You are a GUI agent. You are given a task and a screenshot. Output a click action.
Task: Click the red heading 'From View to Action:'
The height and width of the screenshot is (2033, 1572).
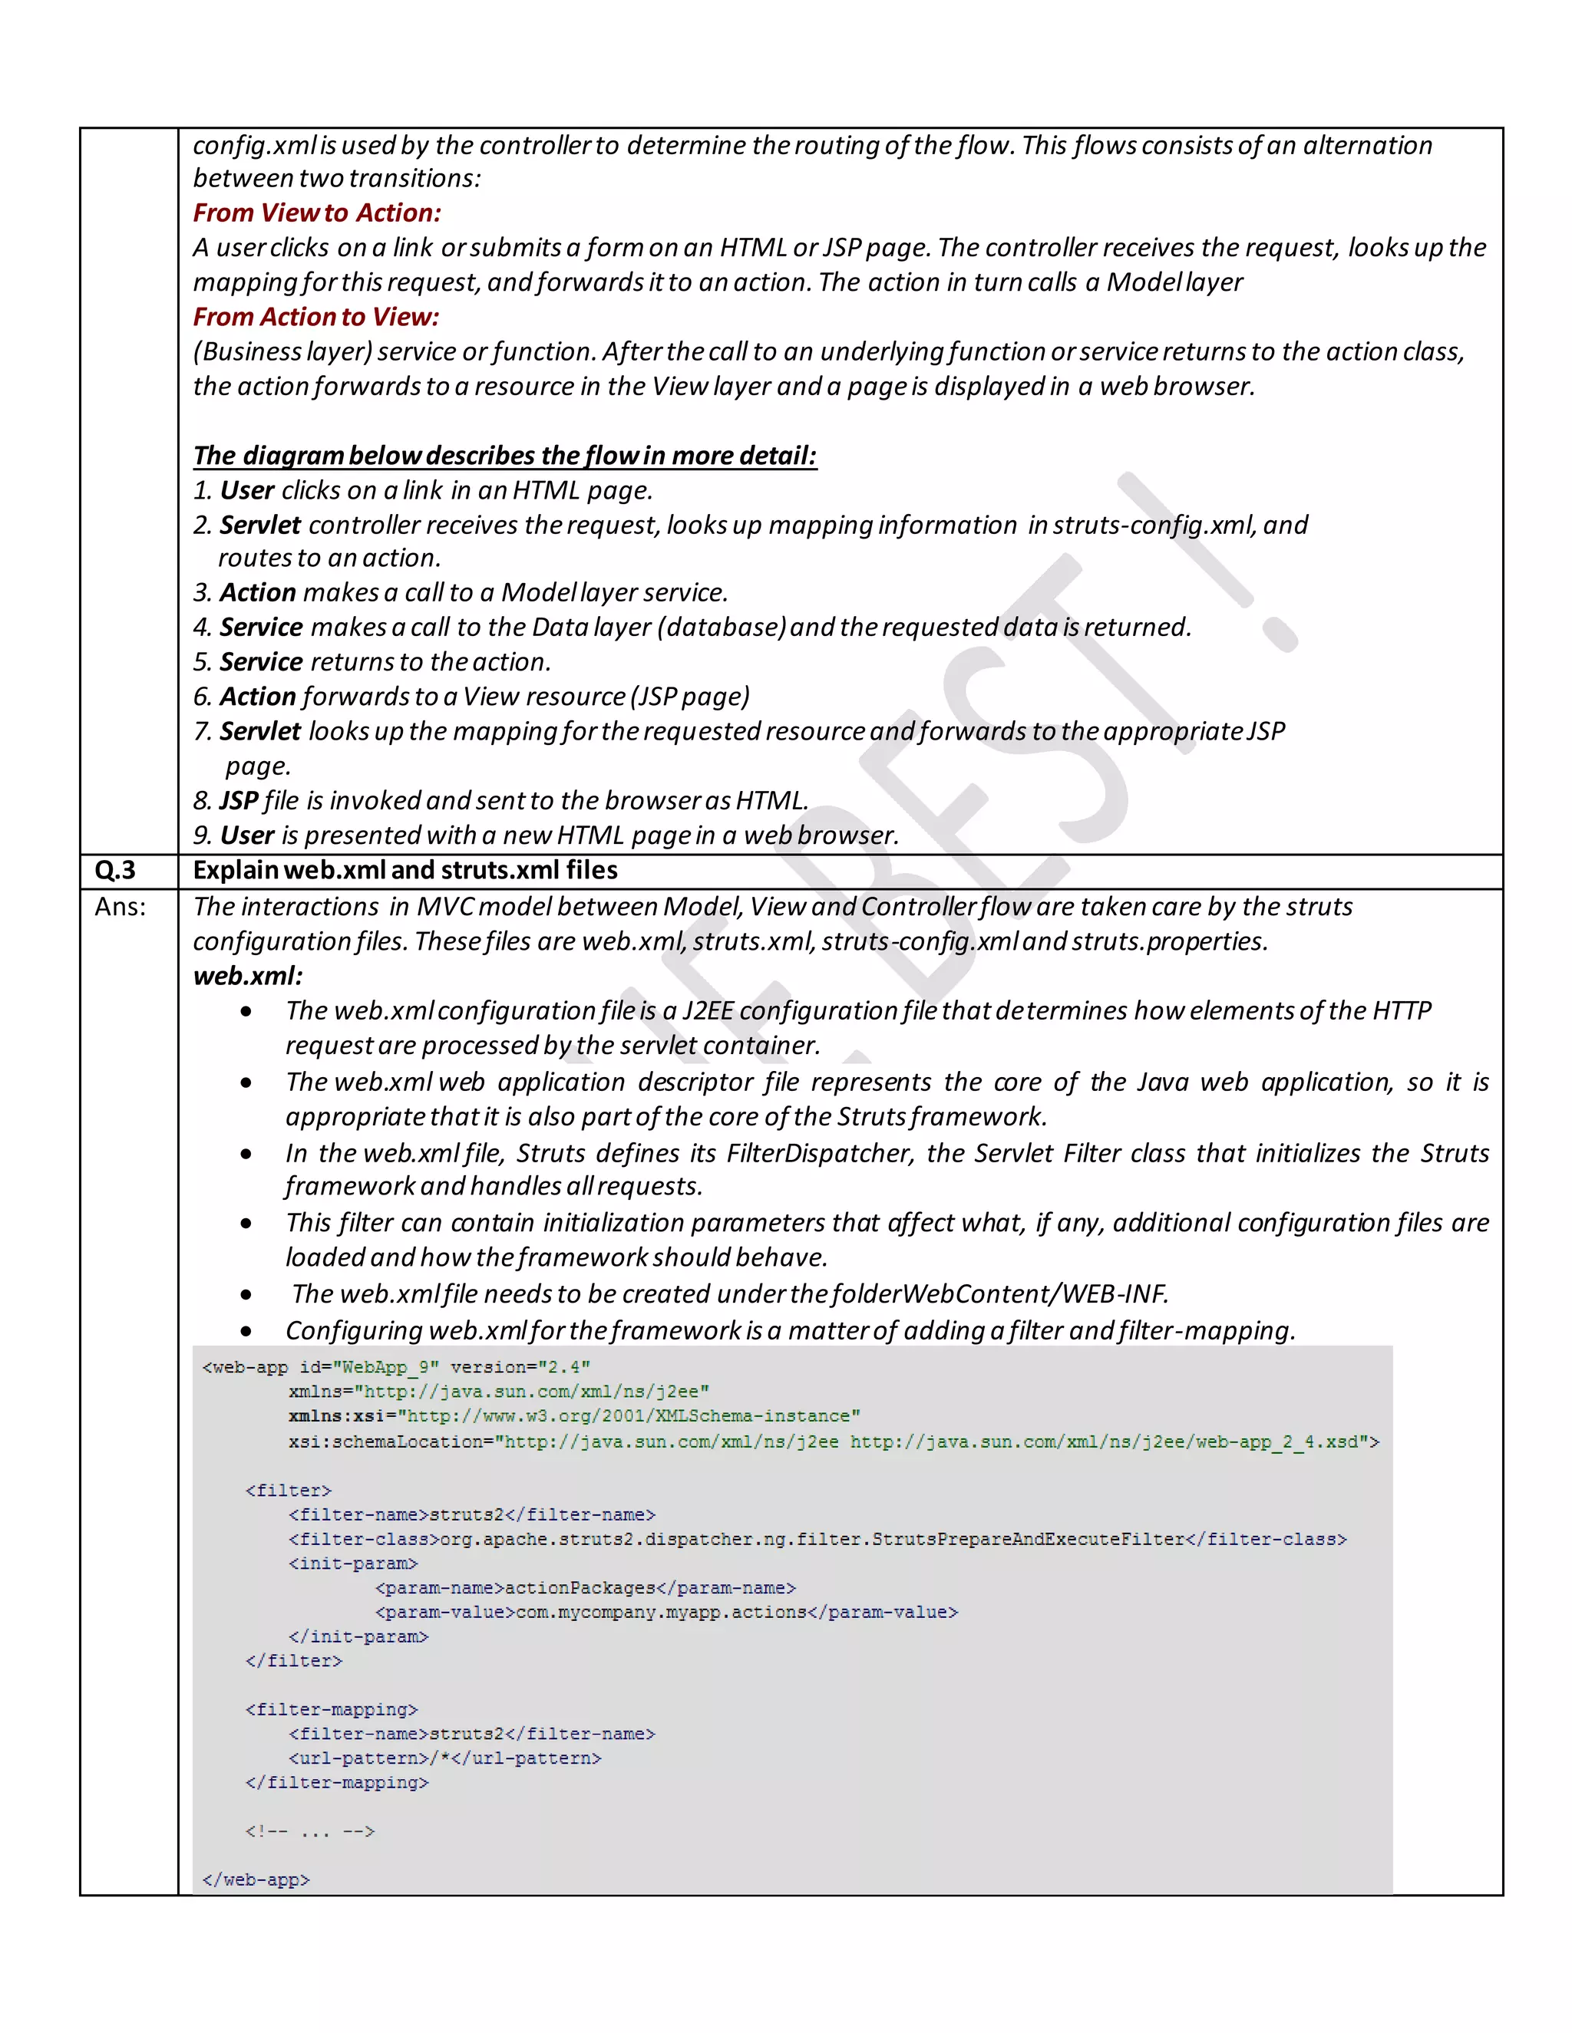[317, 213]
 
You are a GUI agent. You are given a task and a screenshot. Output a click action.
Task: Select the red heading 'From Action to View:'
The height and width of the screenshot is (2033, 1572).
[315, 318]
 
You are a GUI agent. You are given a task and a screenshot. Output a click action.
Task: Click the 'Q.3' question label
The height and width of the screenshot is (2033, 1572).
[115, 871]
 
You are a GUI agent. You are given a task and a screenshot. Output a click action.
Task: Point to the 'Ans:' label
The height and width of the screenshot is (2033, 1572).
[121, 907]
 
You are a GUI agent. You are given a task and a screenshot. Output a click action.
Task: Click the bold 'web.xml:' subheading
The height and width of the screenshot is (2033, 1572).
[248, 976]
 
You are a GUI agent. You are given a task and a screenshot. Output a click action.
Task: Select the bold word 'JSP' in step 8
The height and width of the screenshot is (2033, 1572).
[239, 800]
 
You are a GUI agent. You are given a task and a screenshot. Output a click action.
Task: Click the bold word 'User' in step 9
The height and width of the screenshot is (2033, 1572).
[247, 835]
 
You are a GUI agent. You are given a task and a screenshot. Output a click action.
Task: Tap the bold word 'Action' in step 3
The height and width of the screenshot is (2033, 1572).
[258, 593]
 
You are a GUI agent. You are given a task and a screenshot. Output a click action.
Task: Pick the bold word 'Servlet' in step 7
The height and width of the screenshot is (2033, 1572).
[260, 732]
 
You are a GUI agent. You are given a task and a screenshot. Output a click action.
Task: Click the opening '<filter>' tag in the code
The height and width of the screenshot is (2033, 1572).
[289, 1491]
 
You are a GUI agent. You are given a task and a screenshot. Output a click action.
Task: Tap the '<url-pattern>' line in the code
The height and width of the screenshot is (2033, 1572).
[445, 1758]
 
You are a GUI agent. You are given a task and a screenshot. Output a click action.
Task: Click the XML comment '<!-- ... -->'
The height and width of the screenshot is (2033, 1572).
[310, 1831]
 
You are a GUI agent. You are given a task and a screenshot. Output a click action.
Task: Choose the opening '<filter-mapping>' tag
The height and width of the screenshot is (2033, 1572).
[332, 1709]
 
